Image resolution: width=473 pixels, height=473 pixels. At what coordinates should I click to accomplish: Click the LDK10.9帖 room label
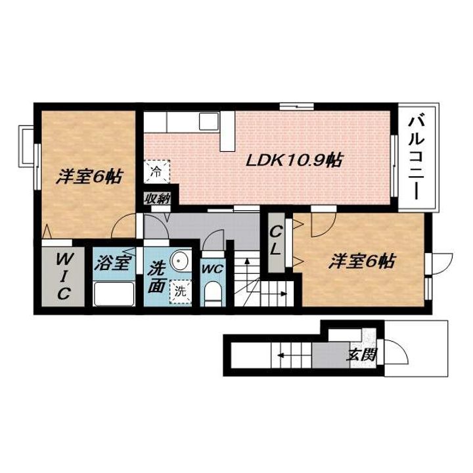[x=294, y=160]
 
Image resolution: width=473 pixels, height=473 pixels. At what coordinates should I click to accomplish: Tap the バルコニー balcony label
[x=417, y=159]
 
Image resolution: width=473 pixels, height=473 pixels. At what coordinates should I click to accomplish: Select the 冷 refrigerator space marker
[x=156, y=171]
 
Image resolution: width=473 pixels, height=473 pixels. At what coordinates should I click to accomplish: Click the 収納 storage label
[x=157, y=199]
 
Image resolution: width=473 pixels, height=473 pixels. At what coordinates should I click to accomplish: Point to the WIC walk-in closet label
[x=63, y=276]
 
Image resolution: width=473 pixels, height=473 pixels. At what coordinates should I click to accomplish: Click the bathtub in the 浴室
[x=114, y=294]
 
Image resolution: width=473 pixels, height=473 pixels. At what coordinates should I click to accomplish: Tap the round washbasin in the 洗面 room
[x=179, y=260]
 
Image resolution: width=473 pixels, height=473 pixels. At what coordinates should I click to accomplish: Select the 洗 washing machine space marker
[x=181, y=292]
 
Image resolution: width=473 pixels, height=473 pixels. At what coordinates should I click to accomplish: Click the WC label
[x=212, y=269]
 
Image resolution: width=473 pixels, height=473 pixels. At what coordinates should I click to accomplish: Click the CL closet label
[x=276, y=240]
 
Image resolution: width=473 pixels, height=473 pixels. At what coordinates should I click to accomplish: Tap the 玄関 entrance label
[x=361, y=355]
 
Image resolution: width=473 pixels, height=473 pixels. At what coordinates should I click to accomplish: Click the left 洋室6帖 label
[x=89, y=177]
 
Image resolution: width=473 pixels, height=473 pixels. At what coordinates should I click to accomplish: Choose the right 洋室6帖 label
[x=362, y=261]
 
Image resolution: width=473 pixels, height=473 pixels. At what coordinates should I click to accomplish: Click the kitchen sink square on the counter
[x=208, y=122]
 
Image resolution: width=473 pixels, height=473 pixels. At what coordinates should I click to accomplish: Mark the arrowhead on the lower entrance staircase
[x=281, y=355]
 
